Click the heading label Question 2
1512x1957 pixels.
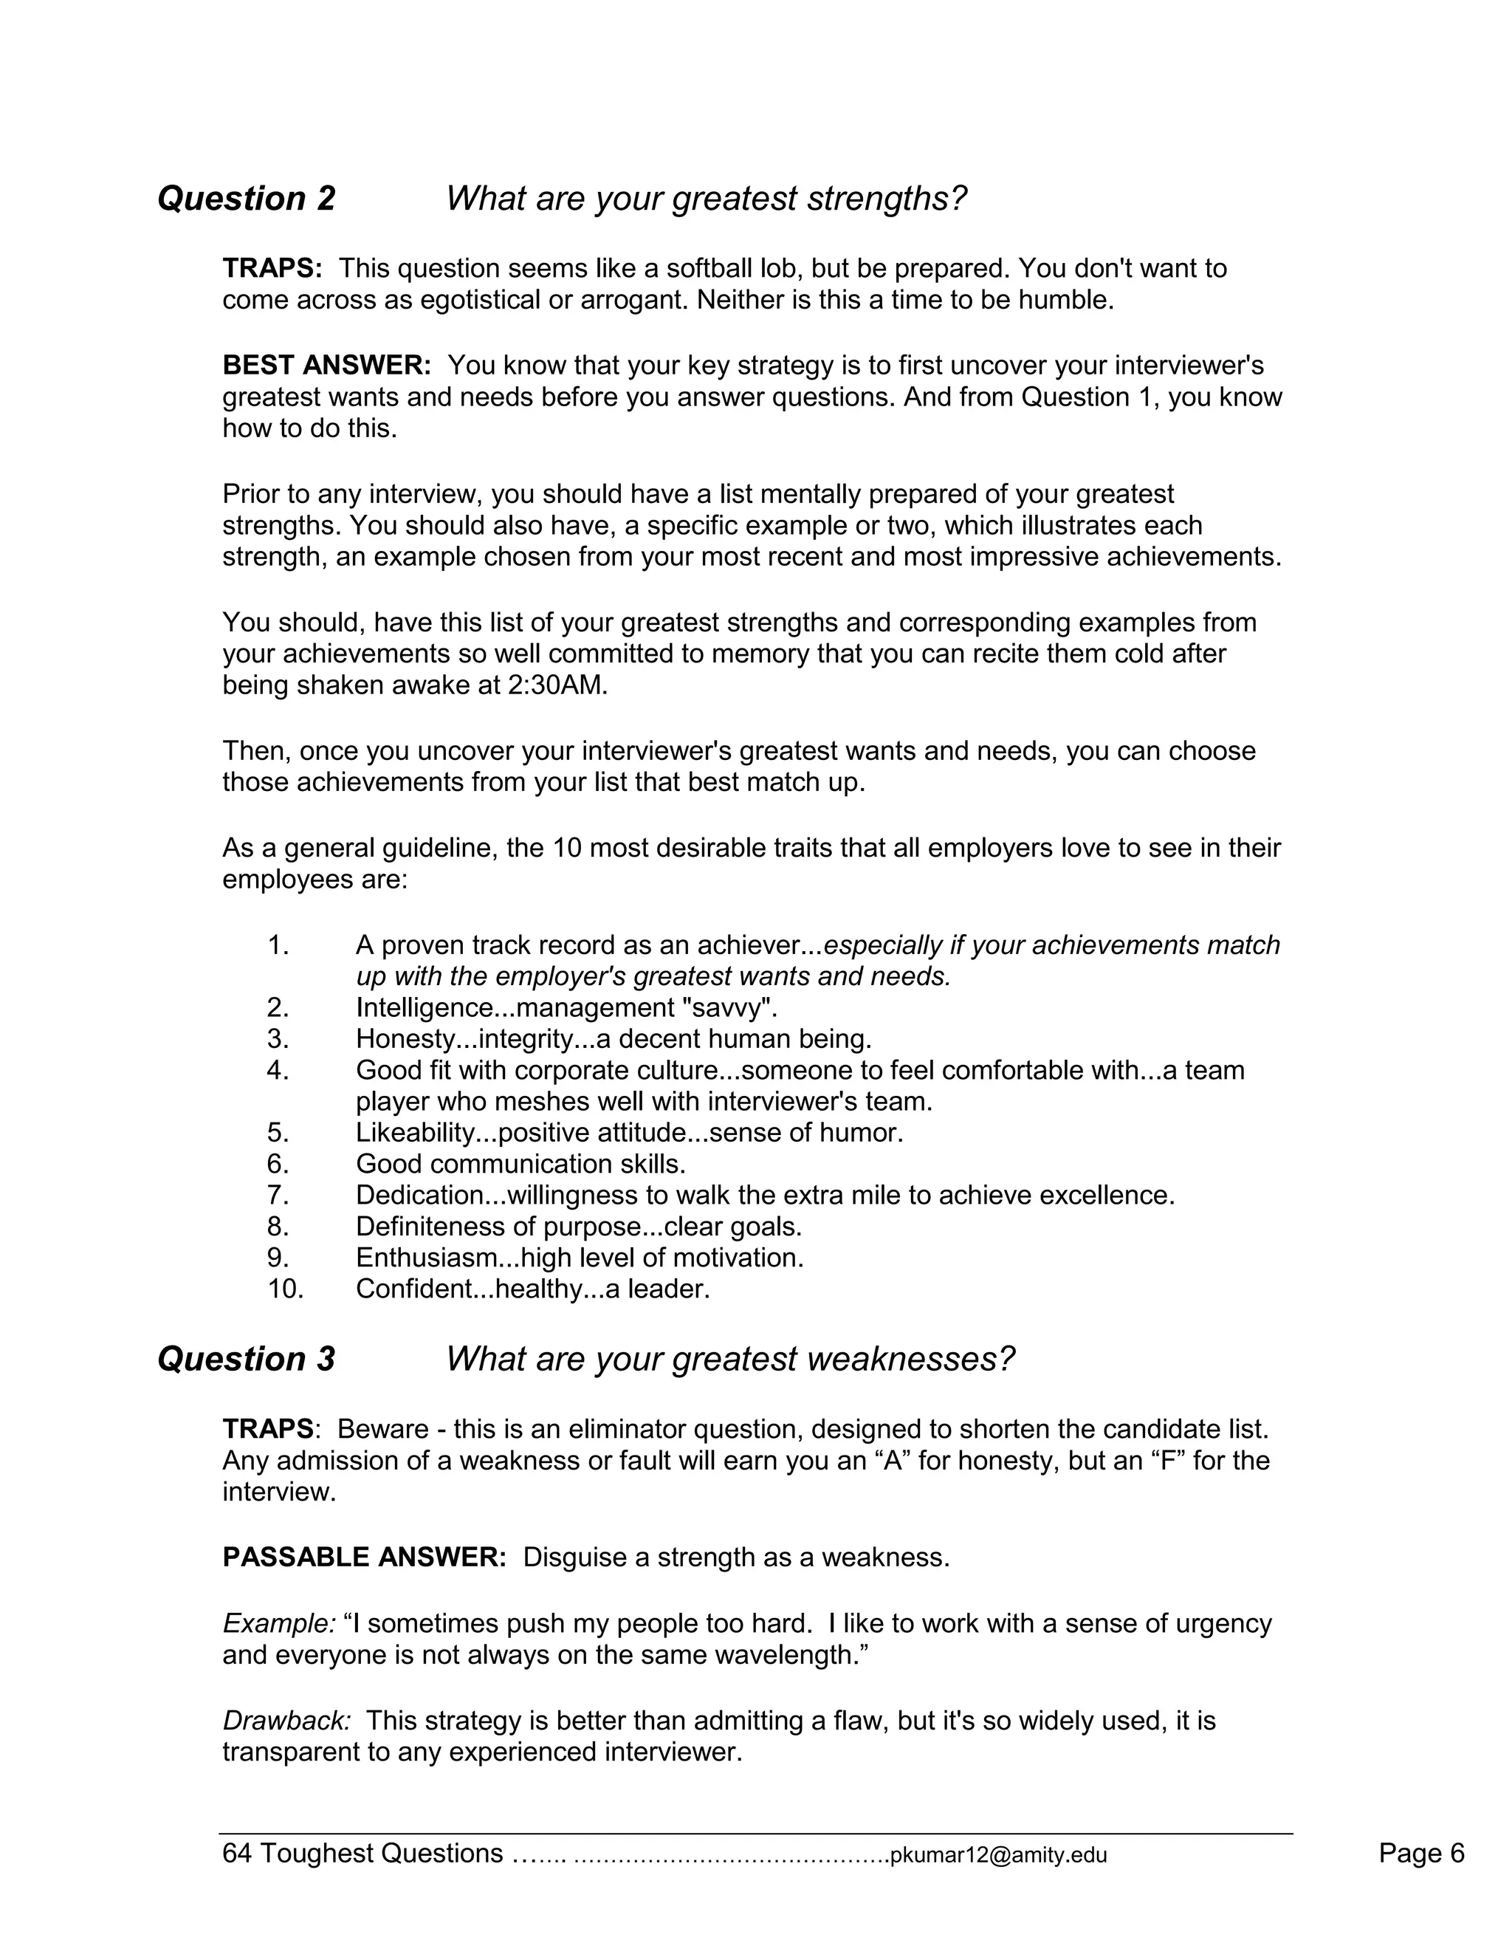click(247, 198)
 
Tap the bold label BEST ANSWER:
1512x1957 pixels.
click(327, 366)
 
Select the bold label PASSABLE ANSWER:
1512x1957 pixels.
click(365, 1557)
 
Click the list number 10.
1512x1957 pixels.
click(285, 1289)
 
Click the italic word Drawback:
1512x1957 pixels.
click(286, 1721)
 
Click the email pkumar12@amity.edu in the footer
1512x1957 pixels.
click(998, 1855)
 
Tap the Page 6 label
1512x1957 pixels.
click(1420, 1853)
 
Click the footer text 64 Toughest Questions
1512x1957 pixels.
click(362, 1853)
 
